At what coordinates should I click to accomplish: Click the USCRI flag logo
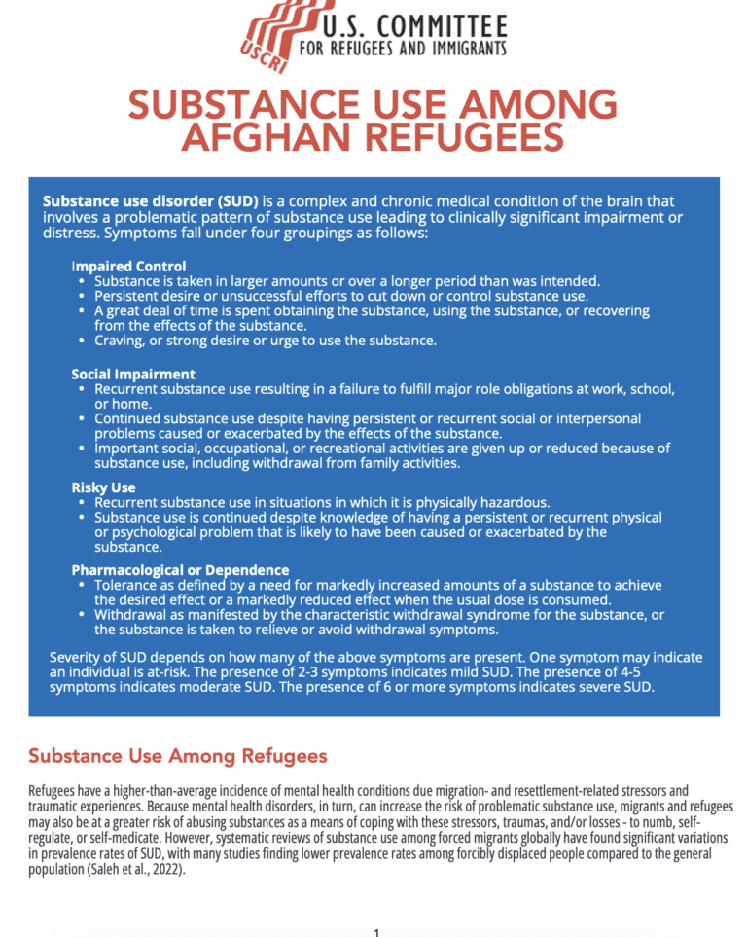point(276,37)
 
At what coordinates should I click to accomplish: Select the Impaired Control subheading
point(128,266)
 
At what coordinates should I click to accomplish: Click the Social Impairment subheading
point(133,374)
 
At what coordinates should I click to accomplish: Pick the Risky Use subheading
point(103,487)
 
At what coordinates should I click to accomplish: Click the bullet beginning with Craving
point(266,341)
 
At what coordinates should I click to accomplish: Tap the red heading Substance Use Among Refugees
point(178,756)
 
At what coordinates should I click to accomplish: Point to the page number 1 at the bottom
point(375,932)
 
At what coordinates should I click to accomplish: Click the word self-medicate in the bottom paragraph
point(137,837)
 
